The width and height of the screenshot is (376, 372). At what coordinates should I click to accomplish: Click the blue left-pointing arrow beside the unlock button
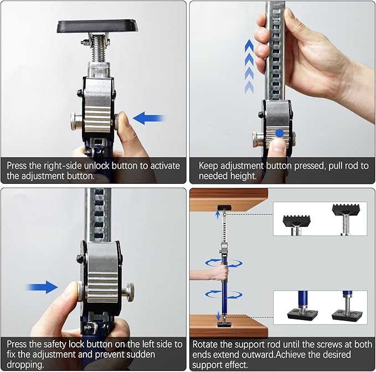click(x=148, y=118)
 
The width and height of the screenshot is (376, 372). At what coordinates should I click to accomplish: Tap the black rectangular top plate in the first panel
click(x=98, y=27)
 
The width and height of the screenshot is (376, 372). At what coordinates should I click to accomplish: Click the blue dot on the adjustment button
click(x=279, y=133)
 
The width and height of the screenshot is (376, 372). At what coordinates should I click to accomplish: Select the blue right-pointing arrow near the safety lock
click(x=43, y=287)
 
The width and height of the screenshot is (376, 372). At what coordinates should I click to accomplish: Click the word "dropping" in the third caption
click(x=25, y=365)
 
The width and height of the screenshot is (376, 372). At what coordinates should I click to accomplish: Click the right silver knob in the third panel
click(x=128, y=292)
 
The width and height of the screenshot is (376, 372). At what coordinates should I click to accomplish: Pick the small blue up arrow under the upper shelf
click(x=218, y=214)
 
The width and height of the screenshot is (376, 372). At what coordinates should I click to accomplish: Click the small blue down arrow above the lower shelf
click(x=218, y=316)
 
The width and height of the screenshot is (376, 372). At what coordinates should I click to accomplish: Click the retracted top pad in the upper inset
click(x=297, y=224)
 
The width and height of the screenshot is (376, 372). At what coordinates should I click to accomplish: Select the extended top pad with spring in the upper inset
click(x=346, y=218)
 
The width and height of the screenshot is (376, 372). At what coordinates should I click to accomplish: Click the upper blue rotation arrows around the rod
click(x=224, y=263)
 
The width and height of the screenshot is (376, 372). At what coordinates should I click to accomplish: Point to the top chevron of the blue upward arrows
click(x=249, y=45)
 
